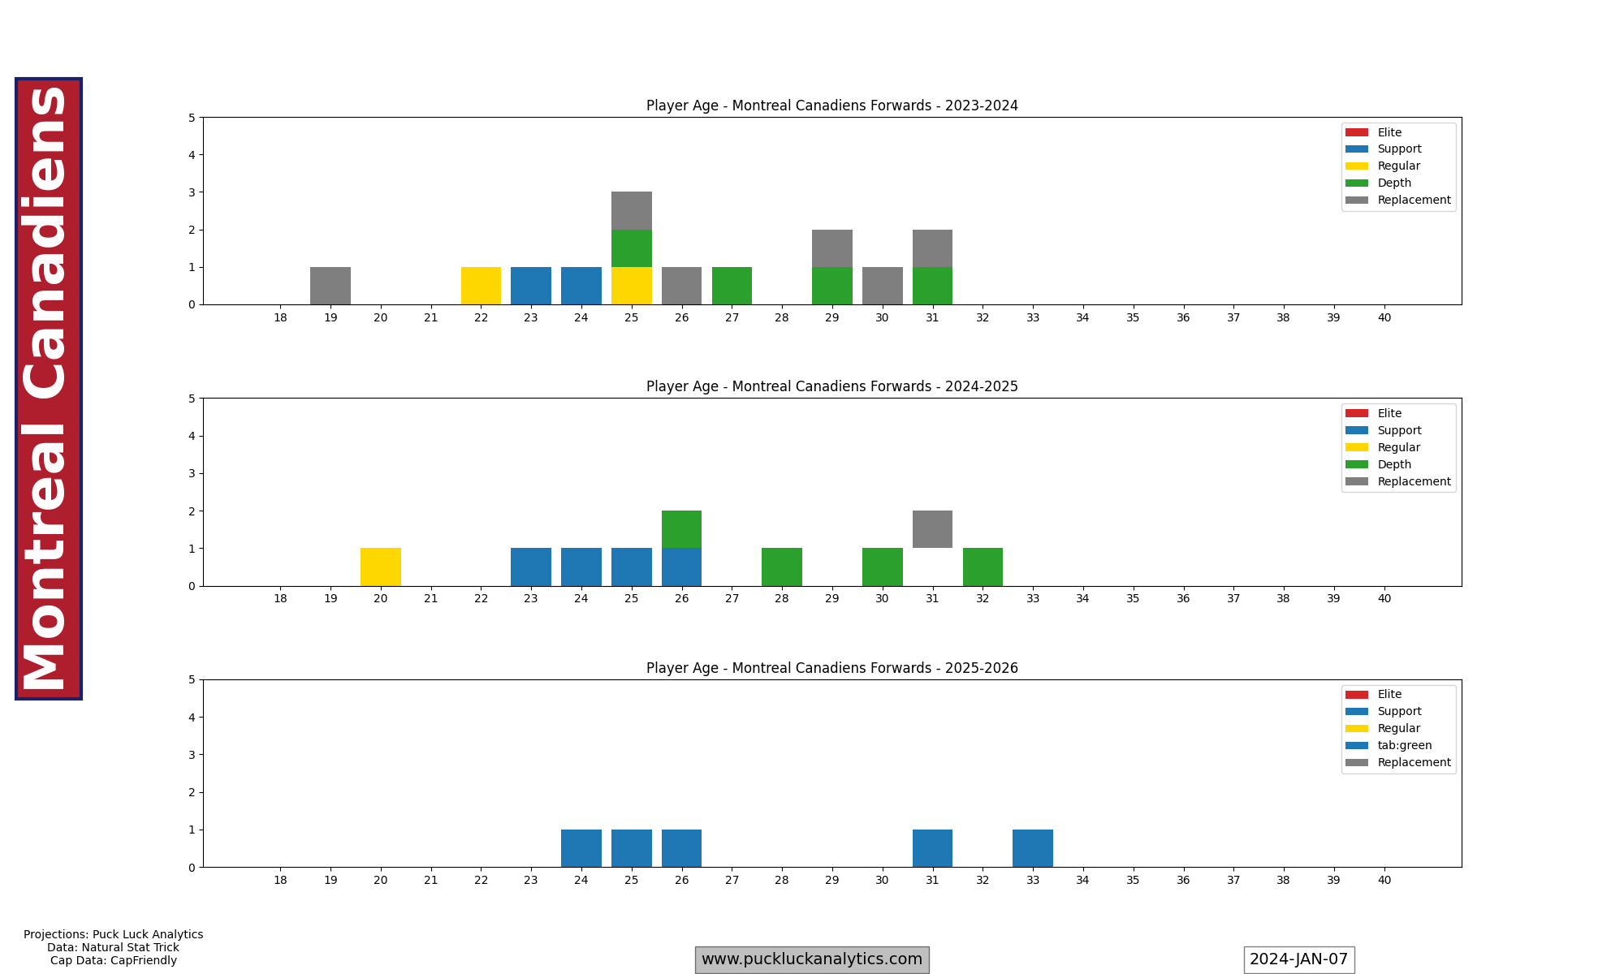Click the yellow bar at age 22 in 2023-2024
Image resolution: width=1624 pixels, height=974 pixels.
[481, 286]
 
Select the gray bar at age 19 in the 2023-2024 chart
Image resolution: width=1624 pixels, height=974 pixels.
[330, 286]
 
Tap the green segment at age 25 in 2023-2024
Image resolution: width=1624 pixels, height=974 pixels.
[632, 248]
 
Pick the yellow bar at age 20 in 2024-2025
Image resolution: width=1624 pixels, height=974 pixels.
[381, 567]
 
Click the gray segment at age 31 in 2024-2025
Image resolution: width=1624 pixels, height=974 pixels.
[932, 529]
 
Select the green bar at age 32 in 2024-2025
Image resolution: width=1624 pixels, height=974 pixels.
[983, 567]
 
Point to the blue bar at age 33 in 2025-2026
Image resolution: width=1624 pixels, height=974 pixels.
[1033, 848]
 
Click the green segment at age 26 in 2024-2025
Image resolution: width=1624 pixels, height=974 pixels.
[682, 529]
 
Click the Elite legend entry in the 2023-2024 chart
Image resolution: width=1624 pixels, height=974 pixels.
[1389, 132]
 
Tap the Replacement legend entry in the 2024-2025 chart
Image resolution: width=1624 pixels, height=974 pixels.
[1414, 481]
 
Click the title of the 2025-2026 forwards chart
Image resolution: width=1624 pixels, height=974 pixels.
[832, 668]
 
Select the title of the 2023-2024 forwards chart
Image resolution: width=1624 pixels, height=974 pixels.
[832, 106]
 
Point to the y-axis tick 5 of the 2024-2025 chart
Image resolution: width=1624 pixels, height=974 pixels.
[192, 399]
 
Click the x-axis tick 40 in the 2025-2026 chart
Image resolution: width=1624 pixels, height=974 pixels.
[1384, 880]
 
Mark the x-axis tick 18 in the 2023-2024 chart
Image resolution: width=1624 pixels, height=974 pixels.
[280, 317]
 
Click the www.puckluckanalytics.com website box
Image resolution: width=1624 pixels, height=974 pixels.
[812, 959]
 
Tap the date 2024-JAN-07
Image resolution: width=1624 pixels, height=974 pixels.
[1298, 959]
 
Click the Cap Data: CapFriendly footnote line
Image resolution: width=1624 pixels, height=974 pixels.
[114, 960]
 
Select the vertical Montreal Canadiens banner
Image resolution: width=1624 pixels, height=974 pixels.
[49, 389]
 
